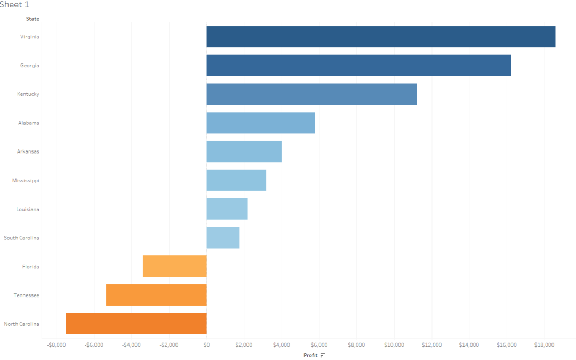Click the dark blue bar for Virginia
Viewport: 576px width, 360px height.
pyautogui.click(x=381, y=37)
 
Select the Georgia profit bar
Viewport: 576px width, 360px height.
pyautogui.click(x=359, y=66)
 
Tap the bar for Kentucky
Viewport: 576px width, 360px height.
pyautogui.click(x=311, y=94)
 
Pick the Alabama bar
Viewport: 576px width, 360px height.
pyautogui.click(x=261, y=123)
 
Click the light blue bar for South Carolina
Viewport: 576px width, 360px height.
pyautogui.click(x=223, y=238)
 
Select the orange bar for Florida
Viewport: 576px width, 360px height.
pyautogui.click(x=175, y=266)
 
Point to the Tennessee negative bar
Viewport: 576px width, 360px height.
pyautogui.click(x=156, y=295)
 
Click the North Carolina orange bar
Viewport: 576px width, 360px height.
pyautogui.click(x=136, y=324)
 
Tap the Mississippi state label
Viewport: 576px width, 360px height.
pyautogui.click(x=26, y=181)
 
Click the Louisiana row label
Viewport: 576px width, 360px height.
pyautogui.click(x=28, y=209)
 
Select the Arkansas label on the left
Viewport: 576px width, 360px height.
pyautogui.click(x=28, y=151)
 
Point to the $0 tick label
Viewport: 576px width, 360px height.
pyautogui.click(x=206, y=345)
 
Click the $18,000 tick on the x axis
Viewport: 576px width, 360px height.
pyautogui.click(x=544, y=345)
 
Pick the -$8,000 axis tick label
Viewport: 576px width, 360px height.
pyautogui.click(x=55, y=345)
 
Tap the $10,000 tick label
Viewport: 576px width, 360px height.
pyautogui.click(x=394, y=345)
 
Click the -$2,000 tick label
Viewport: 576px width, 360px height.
pyautogui.click(x=169, y=345)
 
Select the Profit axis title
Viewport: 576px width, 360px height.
pyautogui.click(x=310, y=355)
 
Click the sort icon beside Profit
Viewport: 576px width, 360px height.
pyautogui.click(x=323, y=355)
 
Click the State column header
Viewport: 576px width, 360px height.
pyautogui.click(x=33, y=19)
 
